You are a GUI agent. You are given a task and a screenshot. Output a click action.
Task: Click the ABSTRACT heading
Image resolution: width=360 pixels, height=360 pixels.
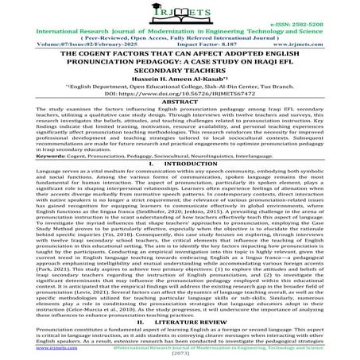[x=180, y=123]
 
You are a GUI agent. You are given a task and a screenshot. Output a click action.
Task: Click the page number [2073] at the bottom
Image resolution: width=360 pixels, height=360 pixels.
[x=180, y=354]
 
